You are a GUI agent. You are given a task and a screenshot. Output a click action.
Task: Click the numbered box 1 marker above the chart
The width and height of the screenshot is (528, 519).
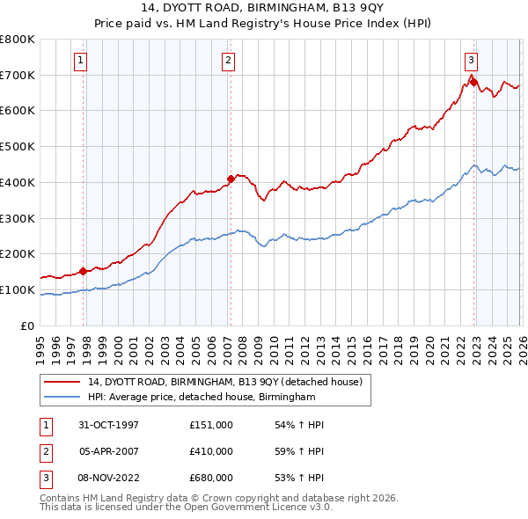(80, 61)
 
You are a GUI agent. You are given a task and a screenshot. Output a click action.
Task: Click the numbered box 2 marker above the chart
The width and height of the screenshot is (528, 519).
(228, 61)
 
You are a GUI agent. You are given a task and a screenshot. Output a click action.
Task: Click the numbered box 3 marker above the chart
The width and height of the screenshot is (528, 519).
(471, 61)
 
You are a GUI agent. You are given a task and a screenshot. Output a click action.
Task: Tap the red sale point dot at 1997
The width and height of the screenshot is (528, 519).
(84, 271)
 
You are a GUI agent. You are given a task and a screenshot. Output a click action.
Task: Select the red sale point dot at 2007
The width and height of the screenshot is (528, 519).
(231, 179)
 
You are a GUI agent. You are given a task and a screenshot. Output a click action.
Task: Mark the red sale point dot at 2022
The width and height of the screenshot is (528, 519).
(473, 83)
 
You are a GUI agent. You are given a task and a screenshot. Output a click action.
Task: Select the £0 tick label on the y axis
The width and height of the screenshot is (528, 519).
(26, 325)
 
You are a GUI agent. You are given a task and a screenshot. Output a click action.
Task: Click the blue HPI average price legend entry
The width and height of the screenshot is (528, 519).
(201, 398)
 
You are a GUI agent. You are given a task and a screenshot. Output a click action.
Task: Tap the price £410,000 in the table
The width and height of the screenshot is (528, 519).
(211, 451)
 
